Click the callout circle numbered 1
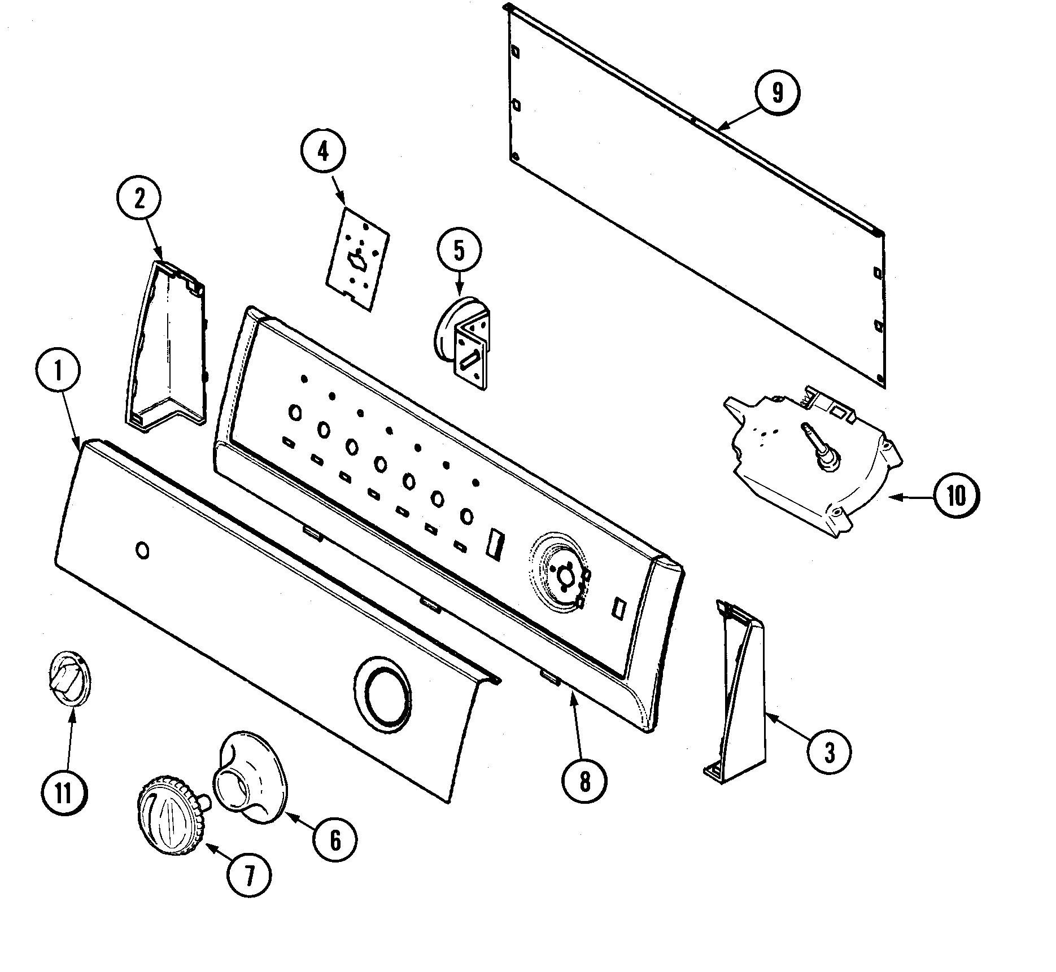pyautogui.click(x=58, y=370)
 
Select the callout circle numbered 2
pyautogui.click(x=139, y=199)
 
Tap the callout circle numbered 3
pyautogui.click(x=828, y=752)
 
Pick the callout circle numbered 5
pyautogui.click(x=459, y=251)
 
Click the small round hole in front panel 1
pyautogui.click(x=143, y=550)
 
